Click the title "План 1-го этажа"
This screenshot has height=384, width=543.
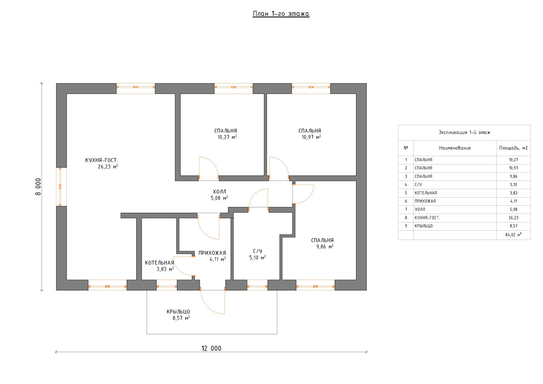pos(281,14)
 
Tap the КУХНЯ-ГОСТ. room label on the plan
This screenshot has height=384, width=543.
pos(102,160)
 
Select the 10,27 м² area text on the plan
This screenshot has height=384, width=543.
pos(227,137)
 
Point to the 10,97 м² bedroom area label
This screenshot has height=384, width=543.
pos(311,137)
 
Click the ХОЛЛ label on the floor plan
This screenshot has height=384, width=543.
pos(220,192)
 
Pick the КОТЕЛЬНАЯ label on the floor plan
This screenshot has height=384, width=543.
pos(159,263)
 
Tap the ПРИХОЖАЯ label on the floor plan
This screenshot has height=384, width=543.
pos(212,253)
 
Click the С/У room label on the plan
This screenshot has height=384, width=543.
pos(258,251)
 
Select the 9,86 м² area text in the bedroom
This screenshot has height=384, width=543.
pos(325,247)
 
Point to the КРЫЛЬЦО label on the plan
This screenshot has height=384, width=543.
pos(178,312)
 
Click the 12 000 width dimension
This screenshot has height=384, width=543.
pos(211,349)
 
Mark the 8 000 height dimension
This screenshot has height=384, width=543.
pos(38,187)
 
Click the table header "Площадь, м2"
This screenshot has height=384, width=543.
pos(514,148)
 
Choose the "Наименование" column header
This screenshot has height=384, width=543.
pos(455,148)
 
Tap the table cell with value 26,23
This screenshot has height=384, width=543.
pos(514,218)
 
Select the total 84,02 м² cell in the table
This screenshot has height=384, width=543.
pos(514,235)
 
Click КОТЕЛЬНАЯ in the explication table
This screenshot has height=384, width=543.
pos(426,193)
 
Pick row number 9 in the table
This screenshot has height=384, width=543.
pos(406,226)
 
